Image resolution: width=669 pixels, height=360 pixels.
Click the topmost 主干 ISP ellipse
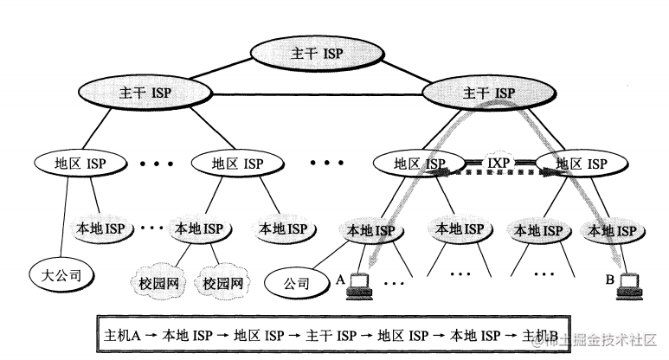315,54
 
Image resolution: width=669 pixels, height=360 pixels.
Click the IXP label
500,161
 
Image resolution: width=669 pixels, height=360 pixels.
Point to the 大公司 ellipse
61,276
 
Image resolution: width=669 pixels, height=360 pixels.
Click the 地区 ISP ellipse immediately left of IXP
419,162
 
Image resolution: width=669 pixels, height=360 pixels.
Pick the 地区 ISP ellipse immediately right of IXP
581,162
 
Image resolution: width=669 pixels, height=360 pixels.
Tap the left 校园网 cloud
158,282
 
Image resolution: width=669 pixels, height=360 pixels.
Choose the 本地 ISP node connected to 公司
370,230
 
